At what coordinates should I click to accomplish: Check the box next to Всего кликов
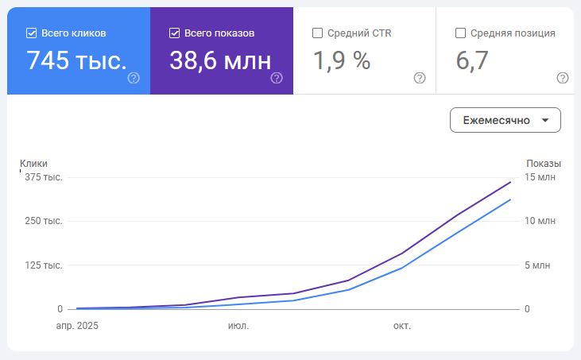[x=32, y=33]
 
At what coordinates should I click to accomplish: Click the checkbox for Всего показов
[x=175, y=33]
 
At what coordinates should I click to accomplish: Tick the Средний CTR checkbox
[x=318, y=33]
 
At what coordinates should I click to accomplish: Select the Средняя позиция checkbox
[x=460, y=33]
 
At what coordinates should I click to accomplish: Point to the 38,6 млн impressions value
[x=220, y=60]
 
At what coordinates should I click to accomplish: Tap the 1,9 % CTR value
[x=342, y=60]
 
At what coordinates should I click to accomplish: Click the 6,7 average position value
[x=473, y=60]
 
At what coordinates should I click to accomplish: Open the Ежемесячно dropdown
[x=505, y=120]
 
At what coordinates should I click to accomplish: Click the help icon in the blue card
[x=134, y=78]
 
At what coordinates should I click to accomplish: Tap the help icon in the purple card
[x=277, y=78]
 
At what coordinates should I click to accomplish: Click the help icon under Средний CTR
[x=420, y=78]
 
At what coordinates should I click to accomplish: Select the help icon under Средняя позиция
[x=563, y=78]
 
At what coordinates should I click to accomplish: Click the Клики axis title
[x=34, y=163]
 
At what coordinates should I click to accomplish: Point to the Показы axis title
[x=544, y=163]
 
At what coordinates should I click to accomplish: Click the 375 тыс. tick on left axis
[x=44, y=177]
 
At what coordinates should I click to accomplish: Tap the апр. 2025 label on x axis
[x=76, y=326]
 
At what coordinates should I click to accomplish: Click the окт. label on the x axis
[x=402, y=326]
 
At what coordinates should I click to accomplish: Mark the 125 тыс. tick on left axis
[x=44, y=265]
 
